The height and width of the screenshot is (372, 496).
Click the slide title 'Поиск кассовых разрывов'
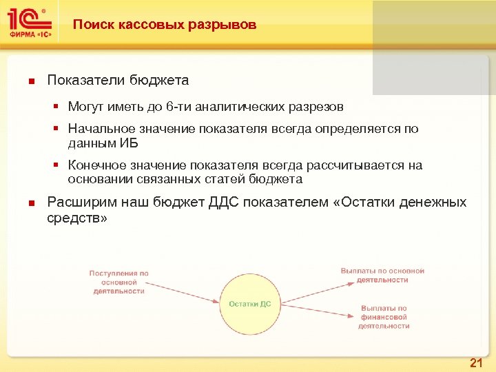point(165,25)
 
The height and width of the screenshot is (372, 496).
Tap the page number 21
point(475,363)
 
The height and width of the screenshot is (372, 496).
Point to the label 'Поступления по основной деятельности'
point(119,282)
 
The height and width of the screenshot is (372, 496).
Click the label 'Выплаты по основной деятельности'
point(382,276)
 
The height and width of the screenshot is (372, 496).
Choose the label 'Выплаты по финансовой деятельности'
point(384,318)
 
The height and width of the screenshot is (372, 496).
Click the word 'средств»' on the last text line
point(77,218)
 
